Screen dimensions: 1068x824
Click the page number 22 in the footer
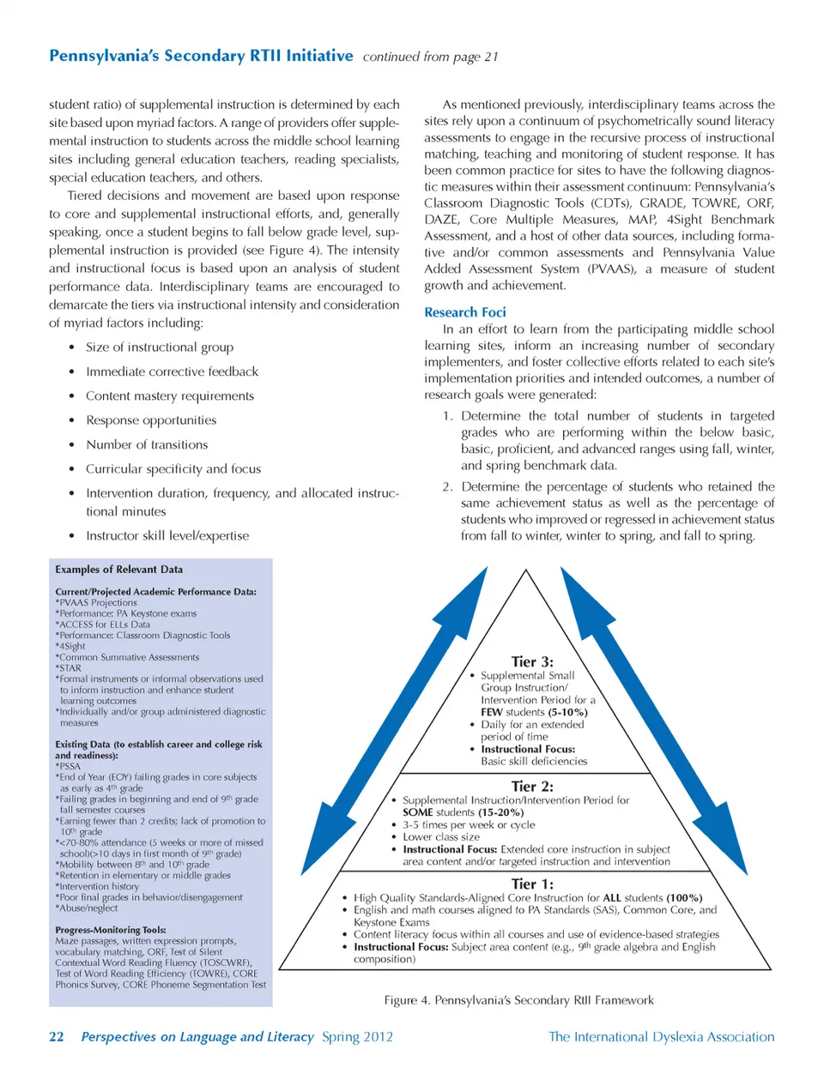click(x=57, y=1036)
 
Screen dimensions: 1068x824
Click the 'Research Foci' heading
click(x=464, y=312)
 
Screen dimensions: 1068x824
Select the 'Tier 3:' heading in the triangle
click(x=532, y=661)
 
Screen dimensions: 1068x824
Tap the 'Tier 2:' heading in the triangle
click(x=532, y=786)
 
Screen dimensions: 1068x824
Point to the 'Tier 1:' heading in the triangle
click(x=532, y=884)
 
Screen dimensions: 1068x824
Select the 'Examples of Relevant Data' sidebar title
click(x=118, y=570)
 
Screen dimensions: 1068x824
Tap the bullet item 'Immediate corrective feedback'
click(x=172, y=371)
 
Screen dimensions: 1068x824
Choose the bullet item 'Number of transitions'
click(x=147, y=444)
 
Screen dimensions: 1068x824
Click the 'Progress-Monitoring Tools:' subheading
click(x=111, y=930)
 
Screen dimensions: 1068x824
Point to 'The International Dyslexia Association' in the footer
click(x=661, y=1036)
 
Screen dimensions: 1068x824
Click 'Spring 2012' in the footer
click(x=357, y=1036)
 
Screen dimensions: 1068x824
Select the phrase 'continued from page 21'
click(x=430, y=57)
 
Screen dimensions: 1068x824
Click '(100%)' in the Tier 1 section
click(x=684, y=897)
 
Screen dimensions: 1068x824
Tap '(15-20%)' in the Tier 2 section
click(x=500, y=812)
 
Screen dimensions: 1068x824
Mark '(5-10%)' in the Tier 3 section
click(x=568, y=712)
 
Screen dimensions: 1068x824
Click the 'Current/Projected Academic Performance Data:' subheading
click(x=155, y=592)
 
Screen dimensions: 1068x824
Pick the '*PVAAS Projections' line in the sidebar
click(x=96, y=603)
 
